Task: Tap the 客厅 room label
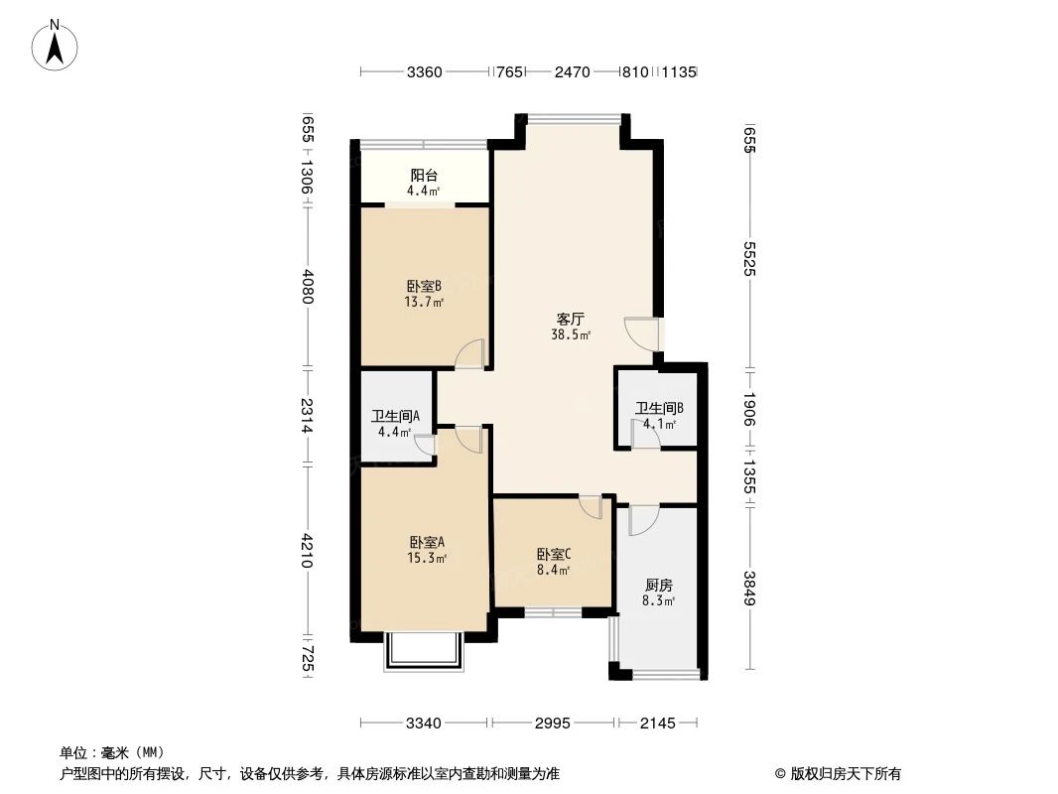coord(570,320)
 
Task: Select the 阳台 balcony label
coord(425,176)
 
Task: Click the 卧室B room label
coord(425,286)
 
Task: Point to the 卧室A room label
coord(426,542)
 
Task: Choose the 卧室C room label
coord(553,555)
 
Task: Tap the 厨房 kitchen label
coord(658,586)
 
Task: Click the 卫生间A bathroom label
coord(395,417)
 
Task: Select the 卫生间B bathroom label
coord(659,408)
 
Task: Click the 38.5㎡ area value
coord(571,335)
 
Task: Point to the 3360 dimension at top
coord(424,71)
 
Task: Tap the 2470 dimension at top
coord(572,71)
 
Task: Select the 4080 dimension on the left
coord(308,287)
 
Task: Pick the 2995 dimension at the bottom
coord(552,724)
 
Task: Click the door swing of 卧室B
coord(469,354)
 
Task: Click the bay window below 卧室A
coord(424,651)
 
